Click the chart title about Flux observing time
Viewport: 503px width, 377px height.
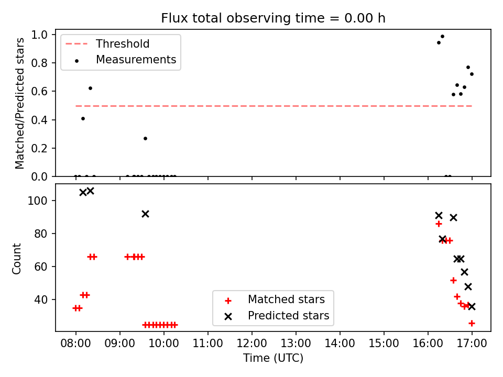click(273, 18)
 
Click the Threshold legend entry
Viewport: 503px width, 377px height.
click(107, 43)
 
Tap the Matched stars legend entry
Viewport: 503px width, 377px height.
click(275, 300)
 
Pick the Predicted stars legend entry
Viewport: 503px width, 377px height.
click(277, 316)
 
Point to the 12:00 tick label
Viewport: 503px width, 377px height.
click(252, 343)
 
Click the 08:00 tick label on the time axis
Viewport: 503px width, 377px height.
click(75, 343)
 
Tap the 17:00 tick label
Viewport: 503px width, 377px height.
click(472, 343)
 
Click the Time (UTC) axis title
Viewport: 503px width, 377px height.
click(273, 358)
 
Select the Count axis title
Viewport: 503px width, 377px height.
click(16, 258)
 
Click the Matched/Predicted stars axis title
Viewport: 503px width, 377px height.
click(19, 103)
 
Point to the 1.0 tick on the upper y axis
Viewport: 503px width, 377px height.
click(39, 35)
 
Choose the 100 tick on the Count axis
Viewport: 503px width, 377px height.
click(38, 201)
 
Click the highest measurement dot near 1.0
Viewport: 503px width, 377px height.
click(442, 37)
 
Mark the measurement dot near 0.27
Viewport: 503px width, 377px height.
click(145, 138)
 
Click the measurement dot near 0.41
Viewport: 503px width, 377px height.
click(83, 119)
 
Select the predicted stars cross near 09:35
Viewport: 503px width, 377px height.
click(145, 214)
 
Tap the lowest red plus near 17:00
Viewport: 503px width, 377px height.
click(472, 324)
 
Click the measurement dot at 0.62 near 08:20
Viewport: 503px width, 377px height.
click(91, 88)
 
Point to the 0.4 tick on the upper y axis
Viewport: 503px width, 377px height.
click(39, 120)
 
